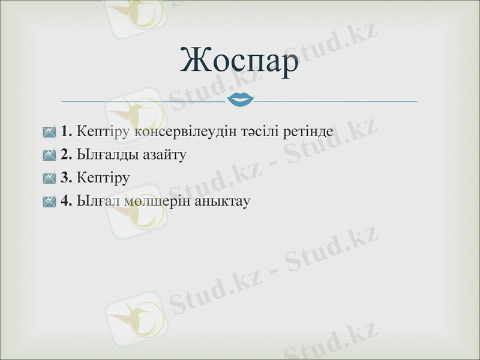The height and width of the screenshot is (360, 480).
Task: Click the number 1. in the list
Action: click(x=67, y=131)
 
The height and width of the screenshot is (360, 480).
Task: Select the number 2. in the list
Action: click(x=67, y=154)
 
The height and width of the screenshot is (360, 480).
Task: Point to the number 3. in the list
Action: click(x=67, y=178)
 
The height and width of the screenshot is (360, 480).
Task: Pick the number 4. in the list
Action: click(x=67, y=201)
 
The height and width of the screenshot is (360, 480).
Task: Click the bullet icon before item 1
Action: click(x=50, y=131)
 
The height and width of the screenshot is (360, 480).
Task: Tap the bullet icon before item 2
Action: click(x=50, y=155)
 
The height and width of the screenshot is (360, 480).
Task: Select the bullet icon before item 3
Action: click(x=50, y=178)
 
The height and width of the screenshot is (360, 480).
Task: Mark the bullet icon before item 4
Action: click(x=50, y=202)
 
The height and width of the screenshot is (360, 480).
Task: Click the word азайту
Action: click(x=164, y=154)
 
